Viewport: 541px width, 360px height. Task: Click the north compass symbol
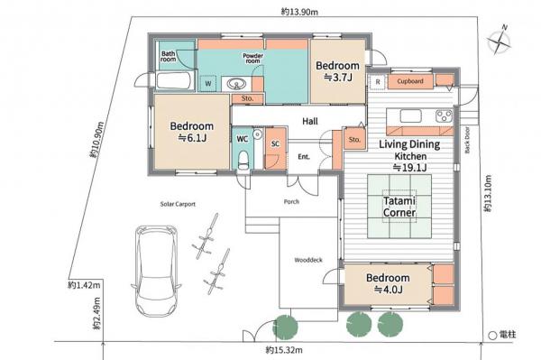coord(498,41)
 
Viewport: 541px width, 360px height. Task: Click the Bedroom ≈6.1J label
coord(191,132)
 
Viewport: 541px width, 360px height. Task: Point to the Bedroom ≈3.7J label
coord(337,71)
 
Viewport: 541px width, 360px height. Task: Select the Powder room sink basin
coord(239,85)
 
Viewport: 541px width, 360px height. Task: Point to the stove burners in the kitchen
coord(443,115)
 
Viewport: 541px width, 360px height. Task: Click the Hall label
coord(309,121)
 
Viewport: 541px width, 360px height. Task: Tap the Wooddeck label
coord(307,260)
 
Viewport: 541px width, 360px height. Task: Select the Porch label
coord(291,201)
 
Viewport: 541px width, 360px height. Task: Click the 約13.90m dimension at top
coord(298,12)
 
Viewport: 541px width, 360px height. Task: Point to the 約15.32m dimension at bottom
coord(283,349)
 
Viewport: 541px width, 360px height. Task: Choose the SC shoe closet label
coord(275,143)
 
